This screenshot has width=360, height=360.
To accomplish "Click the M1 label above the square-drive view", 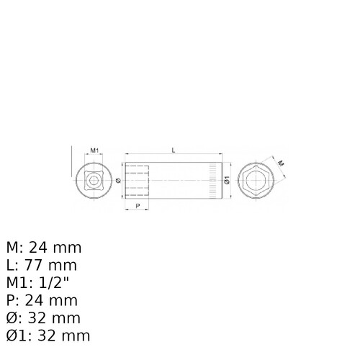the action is [x=94, y=150].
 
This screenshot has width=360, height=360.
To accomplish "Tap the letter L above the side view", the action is [x=174, y=150].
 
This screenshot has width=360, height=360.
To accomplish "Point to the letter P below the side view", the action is [x=138, y=206].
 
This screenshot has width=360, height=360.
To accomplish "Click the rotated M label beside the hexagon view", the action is [x=281, y=163].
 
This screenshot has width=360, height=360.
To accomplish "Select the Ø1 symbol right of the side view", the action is [x=227, y=180].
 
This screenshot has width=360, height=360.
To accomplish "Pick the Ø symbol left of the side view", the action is [x=118, y=181].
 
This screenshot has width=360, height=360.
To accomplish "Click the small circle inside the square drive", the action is [x=94, y=181].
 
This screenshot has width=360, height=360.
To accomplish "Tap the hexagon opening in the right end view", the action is [x=256, y=180].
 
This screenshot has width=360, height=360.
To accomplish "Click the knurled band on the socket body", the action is [x=213, y=181].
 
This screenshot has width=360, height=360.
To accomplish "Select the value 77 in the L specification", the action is [x=34, y=265].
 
